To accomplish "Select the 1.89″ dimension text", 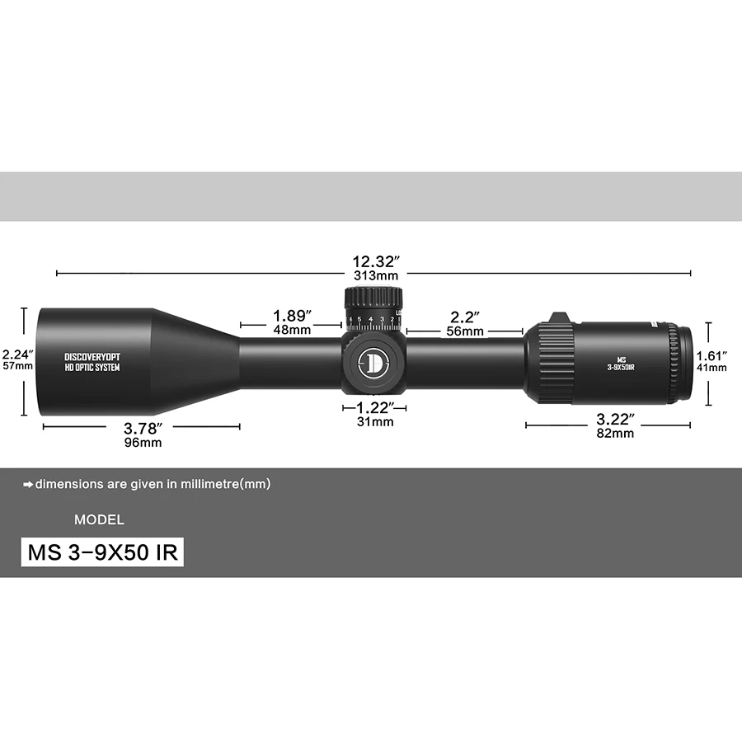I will point(292,316).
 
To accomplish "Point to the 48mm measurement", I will point(292,331).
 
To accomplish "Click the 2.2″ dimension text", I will point(464,317).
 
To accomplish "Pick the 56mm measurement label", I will point(464,331).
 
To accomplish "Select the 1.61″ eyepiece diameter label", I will point(711,355).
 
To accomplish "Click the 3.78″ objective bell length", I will point(141,428).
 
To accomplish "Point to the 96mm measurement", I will point(143,443).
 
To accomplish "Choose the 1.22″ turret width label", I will point(374,407).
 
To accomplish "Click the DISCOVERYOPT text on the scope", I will point(92,357).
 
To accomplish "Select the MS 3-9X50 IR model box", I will point(102,552).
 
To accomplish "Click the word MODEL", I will point(99,520).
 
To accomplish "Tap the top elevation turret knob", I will point(373,298).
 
